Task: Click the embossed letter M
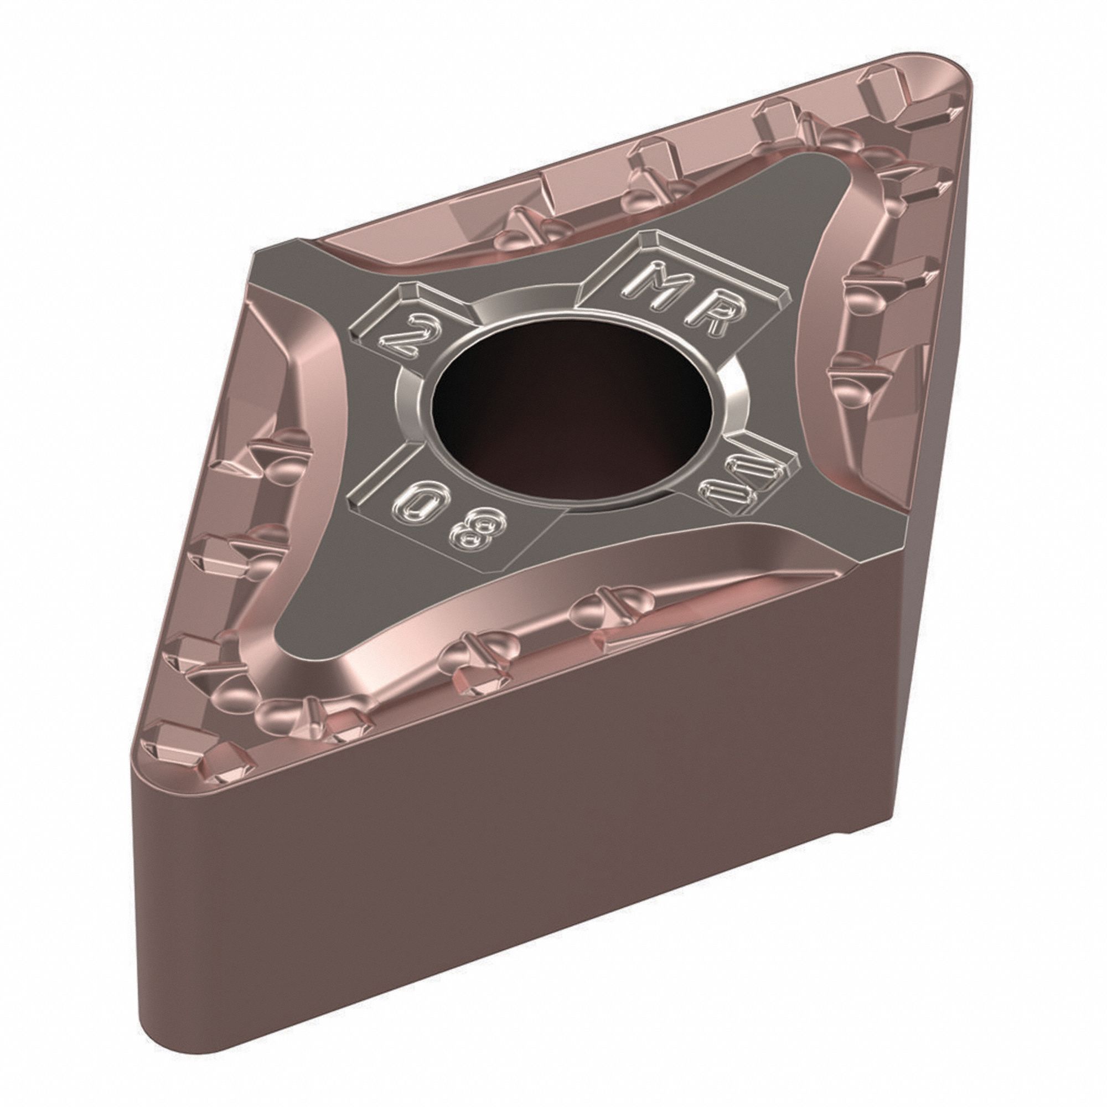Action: [656, 282]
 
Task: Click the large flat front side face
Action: [516, 831]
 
